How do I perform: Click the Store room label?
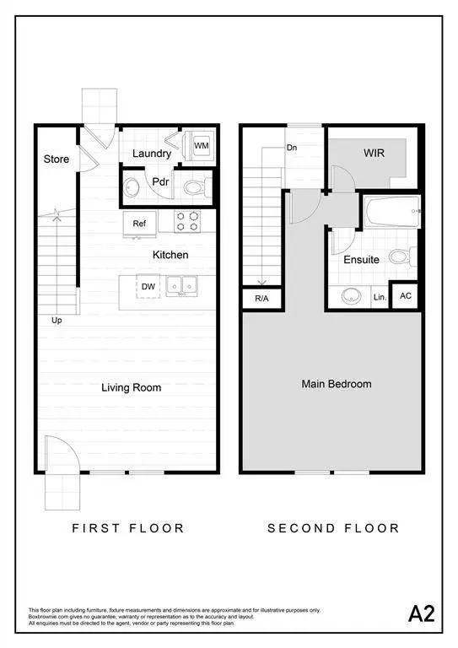(x=57, y=159)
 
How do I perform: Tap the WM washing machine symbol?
(x=202, y=146)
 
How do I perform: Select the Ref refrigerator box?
(x=140, y=224)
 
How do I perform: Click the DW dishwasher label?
(x=148, y=287)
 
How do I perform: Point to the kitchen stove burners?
(x=186, y=221)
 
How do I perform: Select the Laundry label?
(x=152, y=154)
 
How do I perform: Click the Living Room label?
(x=131, y=388)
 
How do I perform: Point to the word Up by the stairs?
(x=57, y=321)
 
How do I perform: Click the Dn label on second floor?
(x=292, y=148)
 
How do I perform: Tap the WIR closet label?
(x=374, y=154)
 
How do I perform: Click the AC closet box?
(x=406, y=296)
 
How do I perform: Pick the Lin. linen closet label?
(x=380, y=298)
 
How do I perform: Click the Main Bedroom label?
(x=337, y=384)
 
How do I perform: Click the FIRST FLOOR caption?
(x=127, y=528)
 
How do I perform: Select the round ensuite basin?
(x=349, y=296)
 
